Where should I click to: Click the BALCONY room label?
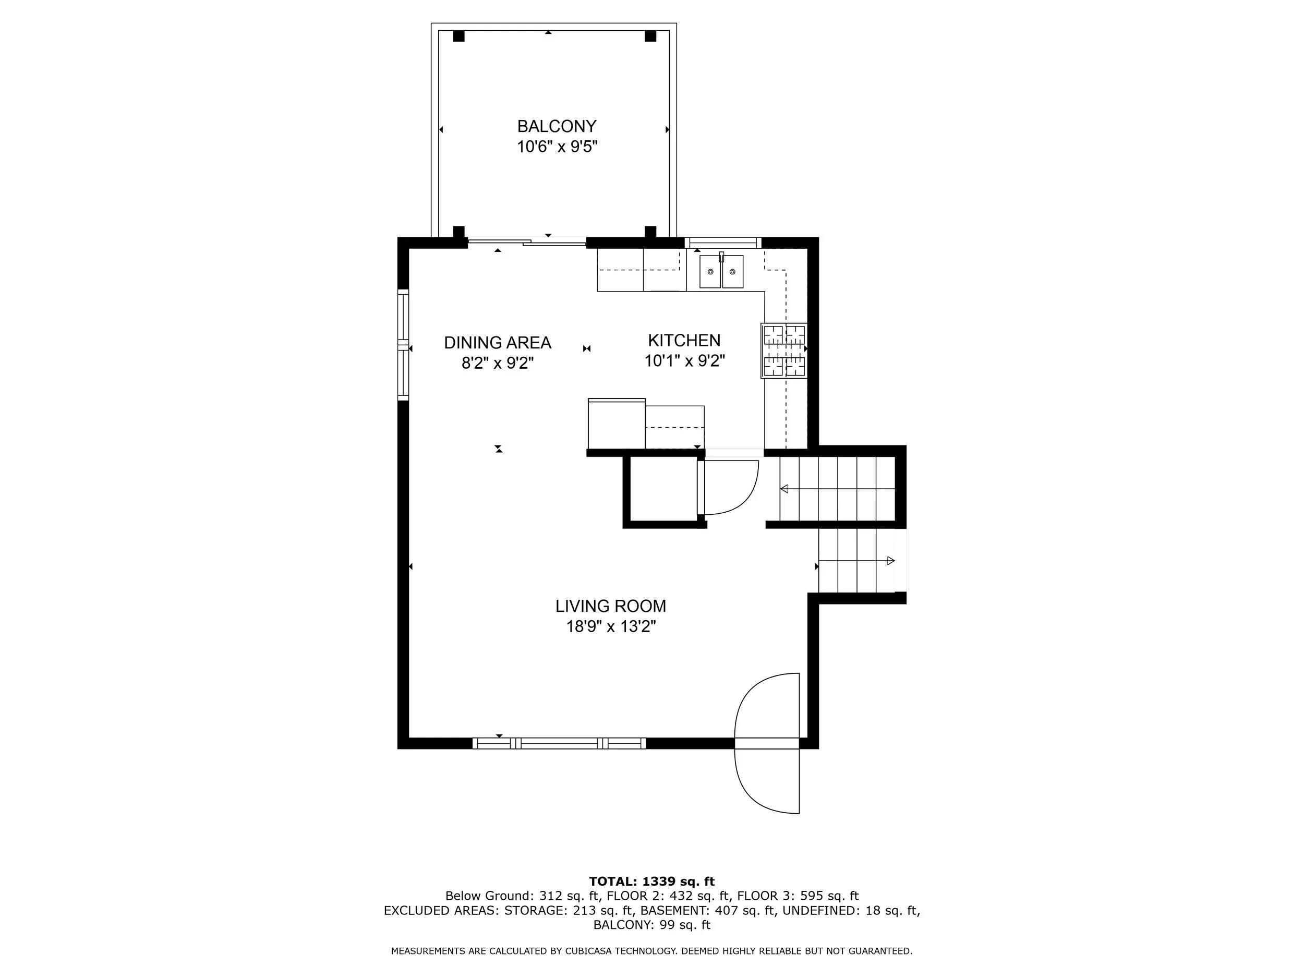pos(557,126)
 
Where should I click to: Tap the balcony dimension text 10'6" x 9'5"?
pos(557,147)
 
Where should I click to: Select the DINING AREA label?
pos(498,343)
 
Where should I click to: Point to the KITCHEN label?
pos(684,340)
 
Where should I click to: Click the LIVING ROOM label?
pos(611,606)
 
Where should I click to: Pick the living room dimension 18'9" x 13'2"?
pos(611,626)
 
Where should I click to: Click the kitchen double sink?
pos(721,271)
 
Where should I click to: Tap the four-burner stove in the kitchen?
pos(784,351)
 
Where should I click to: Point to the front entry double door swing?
pos(767,743)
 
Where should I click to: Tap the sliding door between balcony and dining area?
pos(526,241)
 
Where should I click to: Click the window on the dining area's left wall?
pos(403,345)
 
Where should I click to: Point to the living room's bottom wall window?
pos(559,743)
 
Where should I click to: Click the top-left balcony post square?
pos(458,36)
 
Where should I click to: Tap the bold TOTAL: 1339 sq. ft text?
pos(651,882)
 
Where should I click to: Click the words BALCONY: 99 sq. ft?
pos(651,925)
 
